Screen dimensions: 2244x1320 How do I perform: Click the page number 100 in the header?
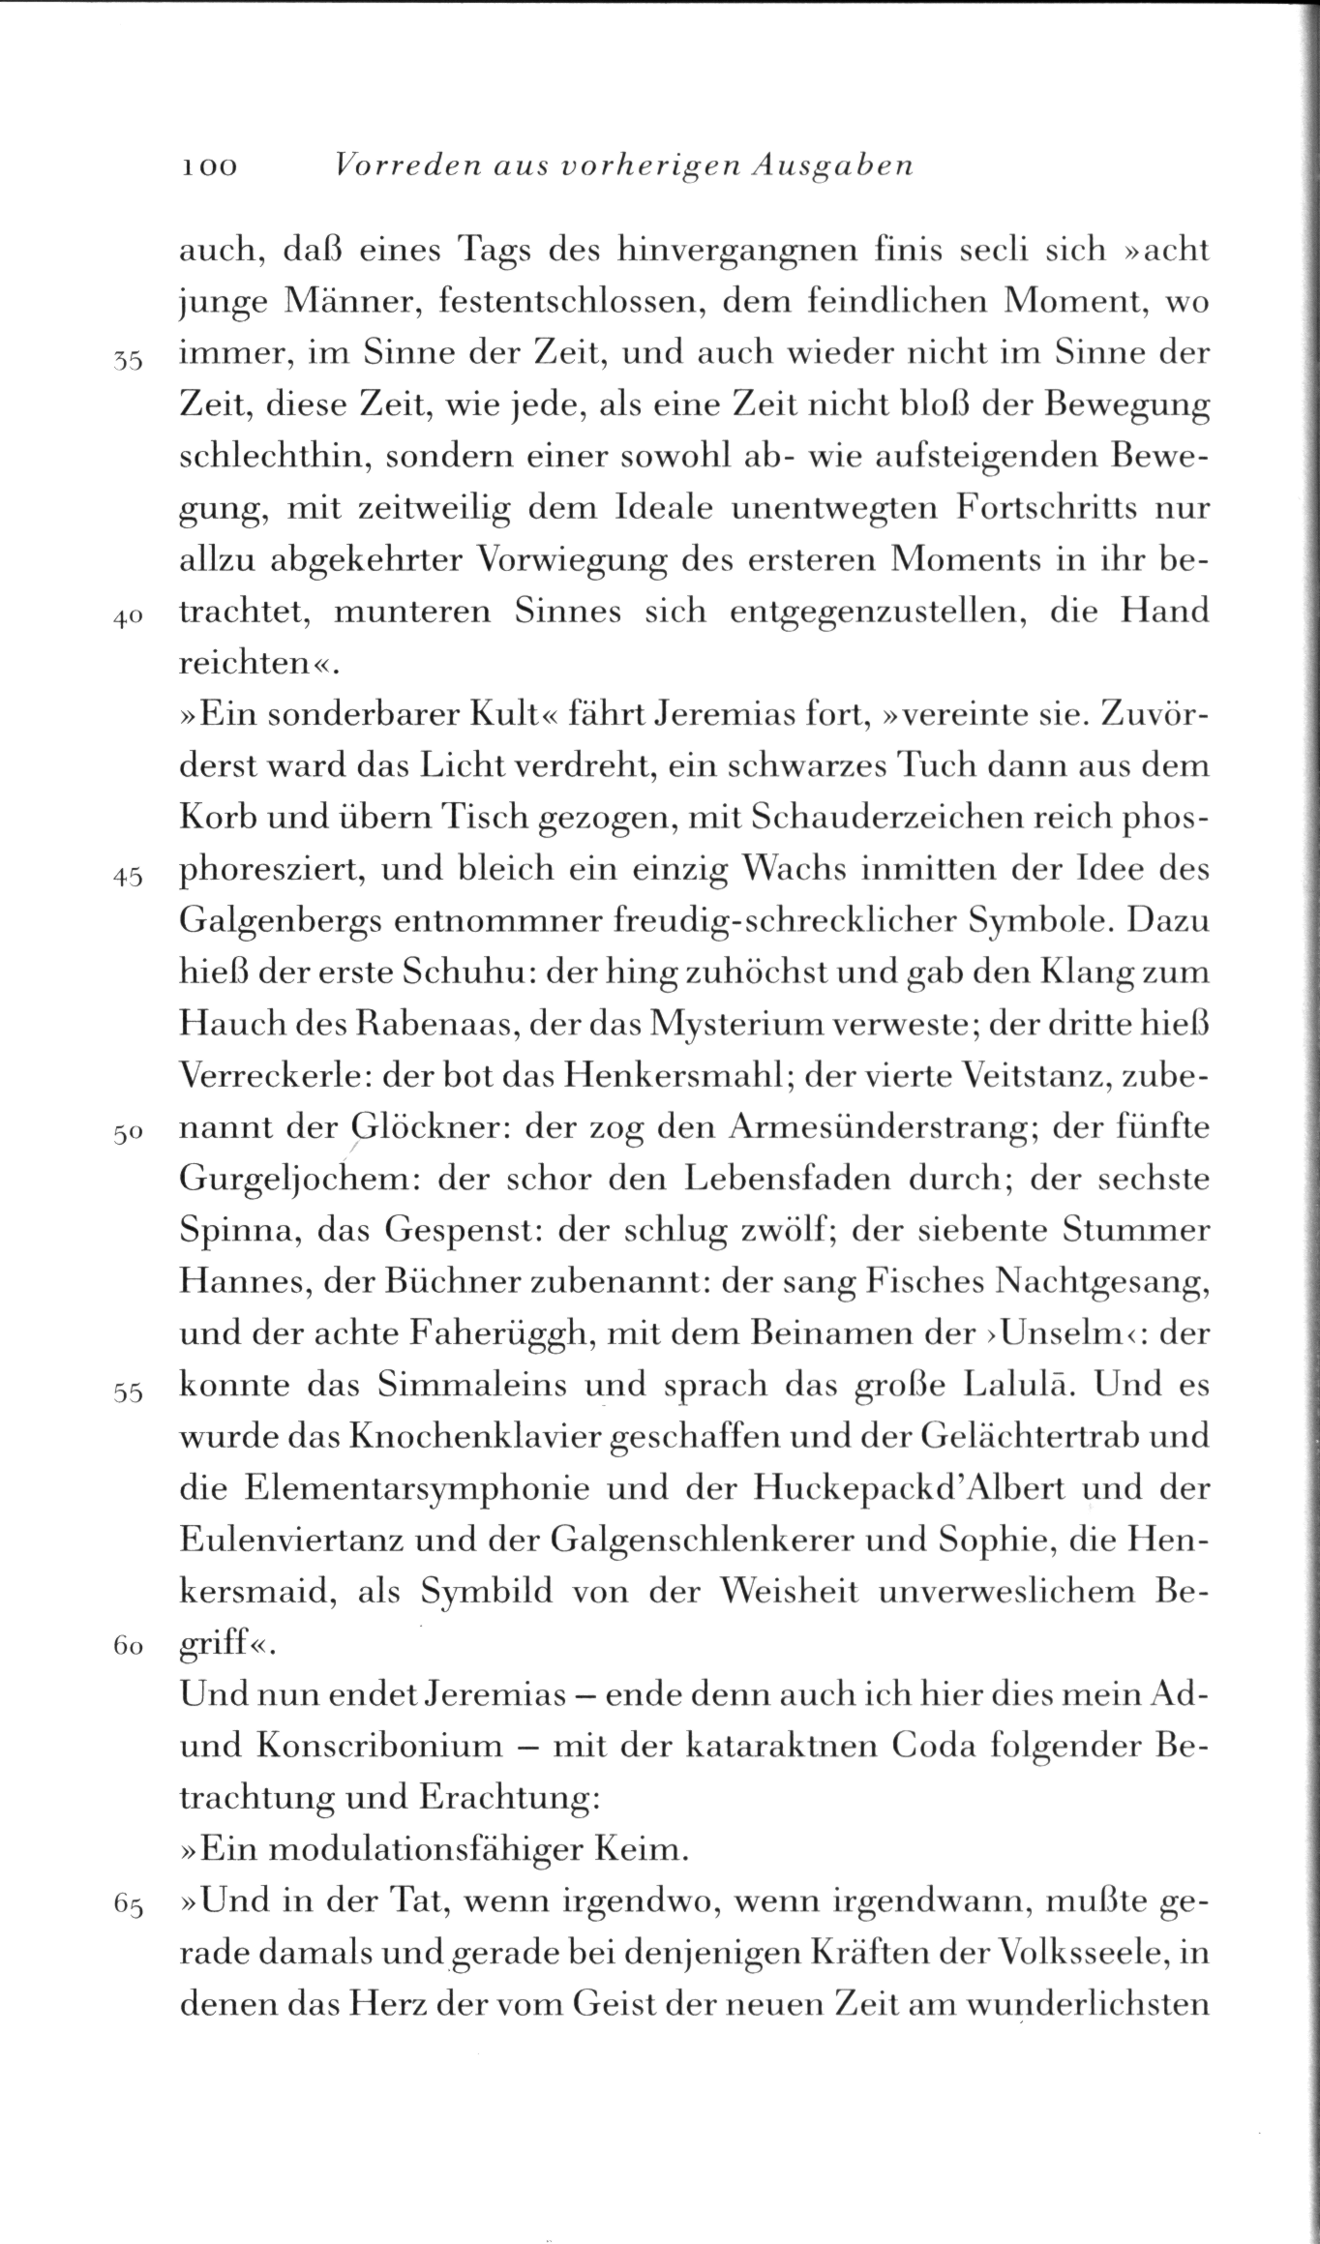tap(207, 167)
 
